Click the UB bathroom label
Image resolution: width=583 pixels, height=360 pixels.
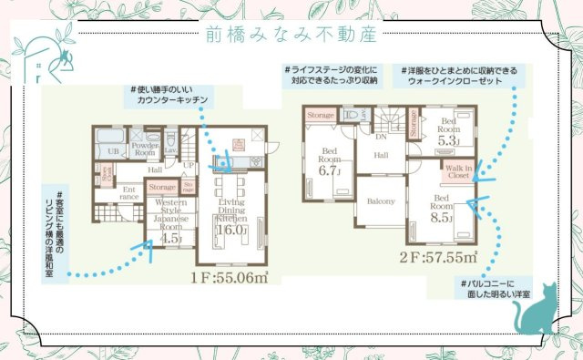tap(116, 150)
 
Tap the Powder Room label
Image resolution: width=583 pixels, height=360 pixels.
tap(146, 149)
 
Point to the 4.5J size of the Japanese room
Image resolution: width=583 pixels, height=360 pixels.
tap(170, 239)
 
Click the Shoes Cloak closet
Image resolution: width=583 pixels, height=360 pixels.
tap(107, 172)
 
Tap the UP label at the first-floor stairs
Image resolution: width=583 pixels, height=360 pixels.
tap(189, 165)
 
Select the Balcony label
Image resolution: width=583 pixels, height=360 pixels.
tap(381, 201)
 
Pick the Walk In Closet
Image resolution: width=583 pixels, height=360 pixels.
tap(457, 171)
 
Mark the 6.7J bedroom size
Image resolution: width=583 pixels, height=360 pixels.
tap(328, 170)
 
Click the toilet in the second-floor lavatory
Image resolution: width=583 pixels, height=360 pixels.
tap(353, 116)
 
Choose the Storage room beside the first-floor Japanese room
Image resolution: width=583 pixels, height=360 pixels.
tap(162, 187)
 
